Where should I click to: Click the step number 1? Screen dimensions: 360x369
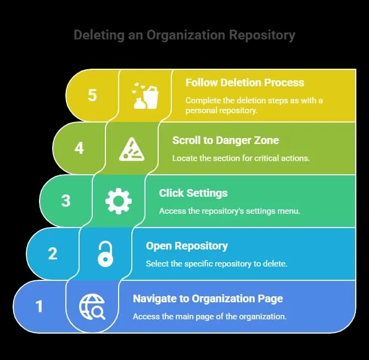pyautogui.click(x=39, y=307)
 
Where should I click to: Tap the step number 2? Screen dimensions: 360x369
pyautogui.click(x=53, y=254)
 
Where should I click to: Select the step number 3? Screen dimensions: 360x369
pyautogui.click(x=66, y=201)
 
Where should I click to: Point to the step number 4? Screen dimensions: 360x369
pyautogui.click(x=79, y=148)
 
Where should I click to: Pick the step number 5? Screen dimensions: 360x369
pyautogui.click(x=92, y=95)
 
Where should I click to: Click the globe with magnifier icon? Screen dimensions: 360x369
pyautogui.click(x=92, y=307)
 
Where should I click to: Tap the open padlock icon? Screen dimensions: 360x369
pyautogui.click(x=105, y=254)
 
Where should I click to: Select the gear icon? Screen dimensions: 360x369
pyautogui.click(x=118, y=201)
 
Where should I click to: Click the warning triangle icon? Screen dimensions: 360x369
pyautogui.click(x=132, y=148)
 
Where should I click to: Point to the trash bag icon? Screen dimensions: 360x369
pyautogui.click(x=146, y=96)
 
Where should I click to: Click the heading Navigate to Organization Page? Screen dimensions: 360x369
pyautogui.click(x=208, y=299)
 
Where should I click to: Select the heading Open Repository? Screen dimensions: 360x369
pyautogui.click(x=187, y=246)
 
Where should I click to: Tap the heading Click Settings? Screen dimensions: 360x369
pyautogui.click(x=193, y=193)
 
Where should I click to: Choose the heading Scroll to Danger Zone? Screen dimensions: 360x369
pyautogui.click(x=225, y=140)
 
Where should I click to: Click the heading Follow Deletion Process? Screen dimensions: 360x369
pyautogui.click(x=244, y=83)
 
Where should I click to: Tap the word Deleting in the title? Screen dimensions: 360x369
pyautogui.click(x=99, y=36)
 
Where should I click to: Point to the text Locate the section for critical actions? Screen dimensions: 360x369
pyautogui.click(x=241, y=158)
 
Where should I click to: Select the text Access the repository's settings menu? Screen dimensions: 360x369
pyautogui.click(x=230, y=211)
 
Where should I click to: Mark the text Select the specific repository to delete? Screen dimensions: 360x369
pyautogui.click(x=216, y=264)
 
